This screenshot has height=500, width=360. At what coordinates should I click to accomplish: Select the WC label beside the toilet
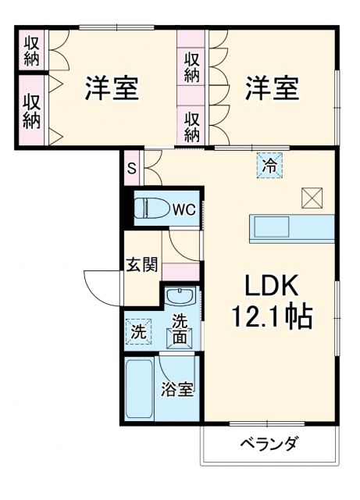[183, 209]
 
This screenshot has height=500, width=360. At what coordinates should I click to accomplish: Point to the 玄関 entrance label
[142, 264]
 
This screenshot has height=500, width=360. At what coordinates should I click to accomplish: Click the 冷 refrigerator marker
[269, 166]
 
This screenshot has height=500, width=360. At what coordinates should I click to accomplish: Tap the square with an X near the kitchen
[311, 197]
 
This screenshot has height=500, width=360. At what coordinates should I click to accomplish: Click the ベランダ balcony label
[268, 445]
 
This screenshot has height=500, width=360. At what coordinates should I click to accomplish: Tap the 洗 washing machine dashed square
[137, 330]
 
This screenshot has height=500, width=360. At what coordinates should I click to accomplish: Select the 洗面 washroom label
[180, 329]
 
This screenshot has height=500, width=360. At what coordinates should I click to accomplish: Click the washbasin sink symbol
[180, 298]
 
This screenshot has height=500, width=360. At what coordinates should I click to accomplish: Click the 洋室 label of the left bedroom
[112, 87]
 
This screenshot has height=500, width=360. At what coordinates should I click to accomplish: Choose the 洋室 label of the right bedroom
[271, 87]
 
